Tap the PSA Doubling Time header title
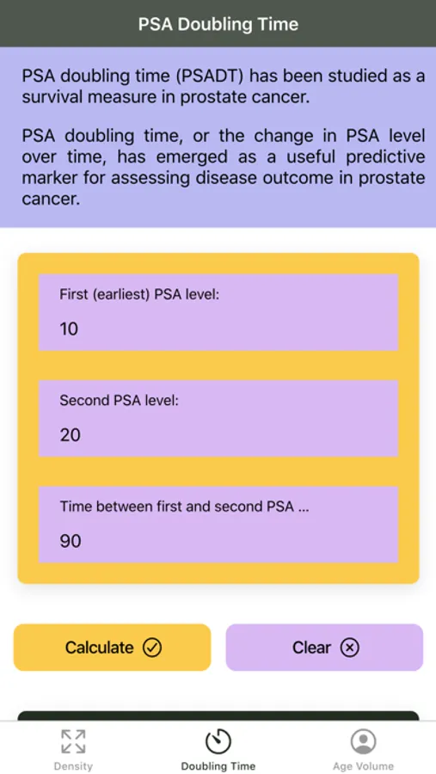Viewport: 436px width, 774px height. point(218,24)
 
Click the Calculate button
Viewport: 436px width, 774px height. point(112,647)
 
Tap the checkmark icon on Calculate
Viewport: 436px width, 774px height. point(152,648)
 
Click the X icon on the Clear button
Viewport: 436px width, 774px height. point(350,648)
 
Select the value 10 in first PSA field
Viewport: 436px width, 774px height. point(69,329)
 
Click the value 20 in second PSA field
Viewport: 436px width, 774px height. point(71,435)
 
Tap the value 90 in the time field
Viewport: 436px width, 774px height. point(71,542)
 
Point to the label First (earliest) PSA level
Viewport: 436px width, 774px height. point(139,295)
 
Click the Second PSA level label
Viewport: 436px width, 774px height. point(119,401)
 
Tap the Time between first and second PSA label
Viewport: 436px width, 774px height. point(184,507)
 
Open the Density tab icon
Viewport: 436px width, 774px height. point(73,741)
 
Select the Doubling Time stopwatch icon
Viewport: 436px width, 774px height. point(218,741)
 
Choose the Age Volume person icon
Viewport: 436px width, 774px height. point(364,741)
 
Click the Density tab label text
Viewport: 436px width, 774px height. point(73,766)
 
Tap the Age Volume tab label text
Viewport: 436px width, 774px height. point(364,766)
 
